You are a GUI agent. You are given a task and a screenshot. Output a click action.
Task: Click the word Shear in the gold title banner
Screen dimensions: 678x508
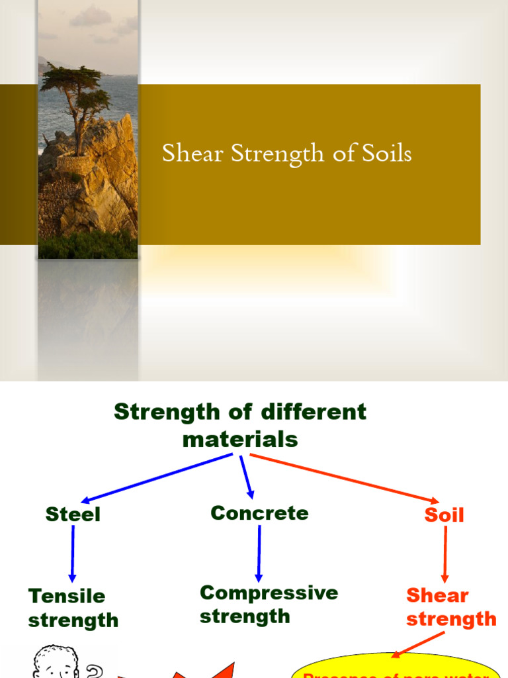pyautogui.click(x=193, y=154)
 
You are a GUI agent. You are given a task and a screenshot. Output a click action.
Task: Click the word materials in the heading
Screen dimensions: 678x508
pyautogui.click(x=240, y=439)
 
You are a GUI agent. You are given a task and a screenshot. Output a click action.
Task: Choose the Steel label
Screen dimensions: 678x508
pyautogui.click(x=73, y=514)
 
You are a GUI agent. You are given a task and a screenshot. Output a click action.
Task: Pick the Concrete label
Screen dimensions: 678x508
pyautogui.click(x=259, y=513)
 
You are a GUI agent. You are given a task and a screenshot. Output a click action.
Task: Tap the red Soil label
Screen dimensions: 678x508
pyautogui.click(x=444, y=515)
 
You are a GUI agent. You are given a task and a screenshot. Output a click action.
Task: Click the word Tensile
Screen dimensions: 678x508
pyautogui.click(x=66, y=596)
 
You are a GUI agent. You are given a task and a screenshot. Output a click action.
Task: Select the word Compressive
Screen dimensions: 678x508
pyautogui.click(x=269, y=593)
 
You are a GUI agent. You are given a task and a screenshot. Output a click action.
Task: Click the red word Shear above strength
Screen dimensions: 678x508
pyautogui.click(x=437, y=595)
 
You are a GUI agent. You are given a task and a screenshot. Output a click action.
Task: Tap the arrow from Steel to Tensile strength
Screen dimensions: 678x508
pyautogui.click(x=72, y=554)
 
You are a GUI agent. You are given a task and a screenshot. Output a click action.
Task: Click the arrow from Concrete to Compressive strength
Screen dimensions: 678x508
pyautogui.click(x=259, y=552)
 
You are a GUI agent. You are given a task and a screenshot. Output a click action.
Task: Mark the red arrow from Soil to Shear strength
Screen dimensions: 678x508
pyautogui.click(x=444, y=554)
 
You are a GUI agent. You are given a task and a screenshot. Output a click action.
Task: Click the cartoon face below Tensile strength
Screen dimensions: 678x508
pyautogui.click(x=56, y=662)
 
